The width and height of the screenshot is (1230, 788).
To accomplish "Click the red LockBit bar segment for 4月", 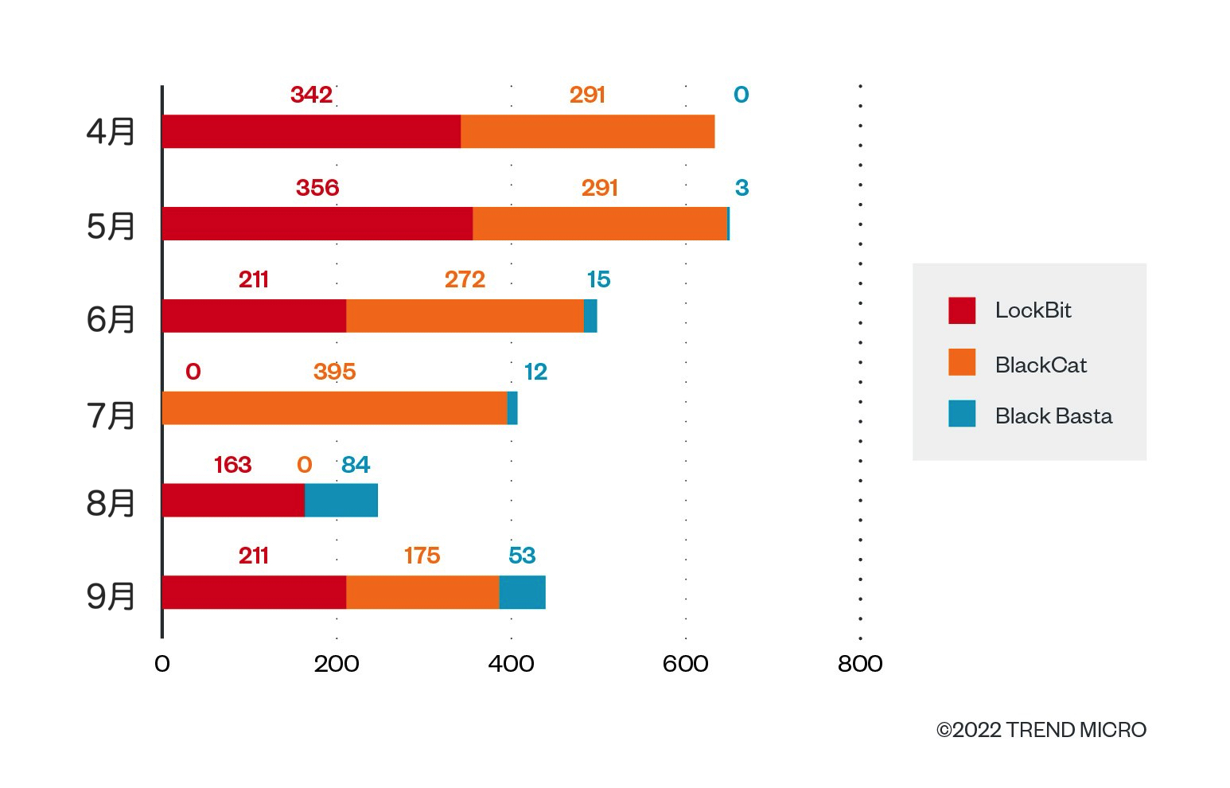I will point(311,131).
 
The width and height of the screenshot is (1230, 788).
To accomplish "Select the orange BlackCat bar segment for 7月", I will point(334,408).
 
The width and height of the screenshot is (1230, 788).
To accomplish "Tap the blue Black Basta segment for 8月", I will point(341,500).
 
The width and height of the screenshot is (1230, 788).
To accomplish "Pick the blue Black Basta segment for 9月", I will point(522,592).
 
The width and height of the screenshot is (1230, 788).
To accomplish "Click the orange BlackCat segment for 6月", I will point(465,316).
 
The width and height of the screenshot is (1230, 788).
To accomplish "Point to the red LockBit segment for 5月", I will point(317,224).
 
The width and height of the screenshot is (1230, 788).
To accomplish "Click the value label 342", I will point(311,95).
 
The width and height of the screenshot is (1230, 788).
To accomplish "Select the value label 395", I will point(334,372).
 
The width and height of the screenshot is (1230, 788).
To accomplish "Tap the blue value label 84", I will point(356,465).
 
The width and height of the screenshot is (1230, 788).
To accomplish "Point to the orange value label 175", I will point(422,556).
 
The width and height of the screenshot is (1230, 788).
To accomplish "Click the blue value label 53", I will point(522,556).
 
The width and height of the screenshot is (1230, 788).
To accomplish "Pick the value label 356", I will point(317,188).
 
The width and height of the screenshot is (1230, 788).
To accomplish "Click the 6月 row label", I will point(111,319).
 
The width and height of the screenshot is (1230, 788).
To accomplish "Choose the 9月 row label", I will point(111,595).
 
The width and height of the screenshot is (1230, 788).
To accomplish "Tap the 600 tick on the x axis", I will point(685,664).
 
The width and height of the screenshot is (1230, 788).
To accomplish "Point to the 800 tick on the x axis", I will point(860,664).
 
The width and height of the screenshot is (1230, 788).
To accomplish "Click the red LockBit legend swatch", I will point(962,310).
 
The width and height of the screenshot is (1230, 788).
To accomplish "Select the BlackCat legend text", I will point(1041,365).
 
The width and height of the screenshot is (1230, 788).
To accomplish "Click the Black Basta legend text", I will point(1053,416).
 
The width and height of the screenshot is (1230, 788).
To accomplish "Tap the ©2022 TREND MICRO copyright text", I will point(1041,730).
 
